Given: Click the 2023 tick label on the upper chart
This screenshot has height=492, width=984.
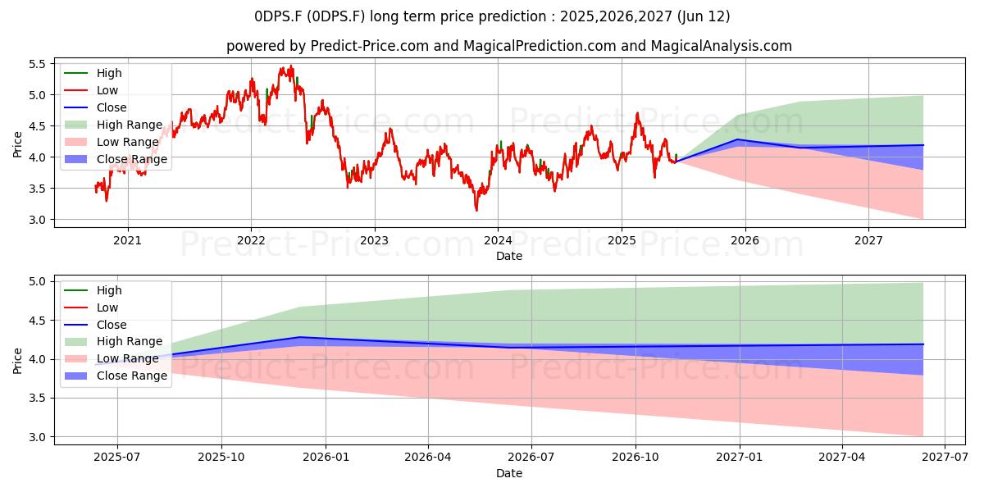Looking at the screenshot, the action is tap(374, 240).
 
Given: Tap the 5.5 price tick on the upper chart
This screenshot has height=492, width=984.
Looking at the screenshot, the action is tap(38, 64).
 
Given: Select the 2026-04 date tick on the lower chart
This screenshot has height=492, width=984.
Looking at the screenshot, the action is tap(428, 458).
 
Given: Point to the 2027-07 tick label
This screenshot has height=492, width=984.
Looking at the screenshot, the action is tap(945, 458).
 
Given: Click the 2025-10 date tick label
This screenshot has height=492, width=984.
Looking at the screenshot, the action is tap(221, 458).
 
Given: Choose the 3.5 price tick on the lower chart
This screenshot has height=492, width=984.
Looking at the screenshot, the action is tap(38, 398).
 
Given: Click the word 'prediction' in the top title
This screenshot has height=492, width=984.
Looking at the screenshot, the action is tap(512, 16).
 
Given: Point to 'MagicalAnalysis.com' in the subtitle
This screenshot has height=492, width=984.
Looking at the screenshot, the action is tap(722, 46).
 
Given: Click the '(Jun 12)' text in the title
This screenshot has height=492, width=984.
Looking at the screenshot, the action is tap(704, 16).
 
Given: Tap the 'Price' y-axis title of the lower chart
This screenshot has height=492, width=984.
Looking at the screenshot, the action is tap(17, 361).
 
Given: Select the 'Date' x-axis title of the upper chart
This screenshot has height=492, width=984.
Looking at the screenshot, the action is tap(509, 256).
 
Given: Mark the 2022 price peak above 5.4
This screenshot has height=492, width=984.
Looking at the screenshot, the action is tap(291, 66).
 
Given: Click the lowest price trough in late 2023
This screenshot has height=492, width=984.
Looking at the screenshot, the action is tap(476, 211).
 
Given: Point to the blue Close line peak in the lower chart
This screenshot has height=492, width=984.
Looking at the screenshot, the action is tap(299, 337).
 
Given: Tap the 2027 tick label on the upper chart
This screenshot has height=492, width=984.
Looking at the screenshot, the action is tap(868, 240).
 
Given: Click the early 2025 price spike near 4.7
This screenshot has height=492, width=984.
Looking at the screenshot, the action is tap(637, 113).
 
